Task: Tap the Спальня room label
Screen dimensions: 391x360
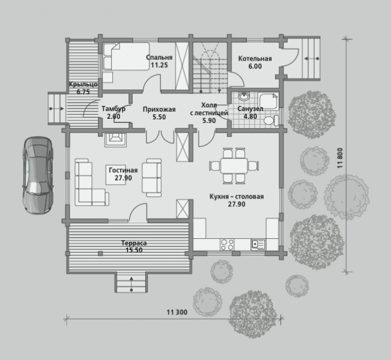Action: (159, 58)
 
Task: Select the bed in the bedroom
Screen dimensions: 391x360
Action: (126, 56)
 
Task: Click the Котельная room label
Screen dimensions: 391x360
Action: (255, 59)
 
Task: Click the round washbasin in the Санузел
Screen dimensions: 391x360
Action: (244, 96)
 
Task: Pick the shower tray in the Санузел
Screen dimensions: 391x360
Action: (268, 101)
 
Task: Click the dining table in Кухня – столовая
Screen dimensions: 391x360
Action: (234, 166)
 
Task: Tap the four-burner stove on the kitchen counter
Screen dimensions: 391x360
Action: (227, 244)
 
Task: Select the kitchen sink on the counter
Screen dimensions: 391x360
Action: (258, 244)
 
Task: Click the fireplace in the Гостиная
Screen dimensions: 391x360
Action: (116, 140)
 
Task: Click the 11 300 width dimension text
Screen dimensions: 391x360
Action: (177, 312)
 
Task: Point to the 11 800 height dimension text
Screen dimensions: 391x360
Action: (340, 158)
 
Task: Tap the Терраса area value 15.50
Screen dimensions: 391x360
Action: (134, 250)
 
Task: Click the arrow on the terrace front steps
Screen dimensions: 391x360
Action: (132, 284)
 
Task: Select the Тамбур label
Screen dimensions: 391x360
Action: (114, 109)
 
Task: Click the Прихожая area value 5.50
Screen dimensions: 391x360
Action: (159, 117)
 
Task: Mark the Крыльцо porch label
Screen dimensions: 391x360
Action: (83, 85)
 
